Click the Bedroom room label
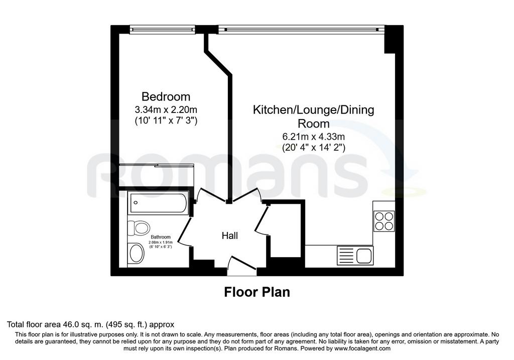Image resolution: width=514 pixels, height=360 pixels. coord(166,97)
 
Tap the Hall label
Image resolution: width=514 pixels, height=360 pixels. coord(230,235)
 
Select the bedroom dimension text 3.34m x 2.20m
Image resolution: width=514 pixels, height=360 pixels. coord(166,109)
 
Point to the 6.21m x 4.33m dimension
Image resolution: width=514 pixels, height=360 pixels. coord(314,136)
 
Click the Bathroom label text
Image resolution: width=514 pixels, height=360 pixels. coord(161,237)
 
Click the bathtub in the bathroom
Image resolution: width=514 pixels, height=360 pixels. coord(158,203)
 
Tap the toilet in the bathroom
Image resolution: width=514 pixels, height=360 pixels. coord(139,227)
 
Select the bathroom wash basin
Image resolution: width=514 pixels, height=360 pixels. coord(137,253)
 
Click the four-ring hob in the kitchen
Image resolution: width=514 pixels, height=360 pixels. coord(384,221)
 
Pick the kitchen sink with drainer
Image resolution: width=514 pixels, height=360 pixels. coord(355,256)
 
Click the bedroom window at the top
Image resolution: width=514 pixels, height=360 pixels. coord(162,30)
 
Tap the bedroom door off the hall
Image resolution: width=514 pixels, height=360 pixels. coord(211,195)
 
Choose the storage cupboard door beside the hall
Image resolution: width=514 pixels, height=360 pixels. coord(262,220)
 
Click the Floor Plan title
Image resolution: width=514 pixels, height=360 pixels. coord(257,292)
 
